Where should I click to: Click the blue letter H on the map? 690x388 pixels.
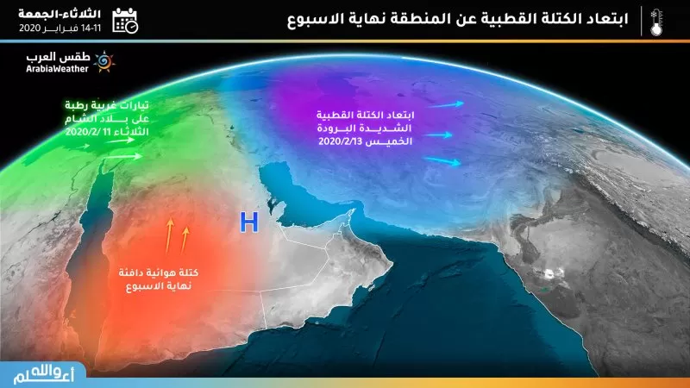(249, 222)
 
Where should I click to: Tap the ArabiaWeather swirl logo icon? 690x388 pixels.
(103, 62)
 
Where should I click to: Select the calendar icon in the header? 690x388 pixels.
(126, 20)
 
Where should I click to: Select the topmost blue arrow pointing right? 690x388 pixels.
(447, 104)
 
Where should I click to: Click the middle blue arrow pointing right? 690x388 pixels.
(440, 135)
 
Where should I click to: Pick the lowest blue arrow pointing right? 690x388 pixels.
(445, 161)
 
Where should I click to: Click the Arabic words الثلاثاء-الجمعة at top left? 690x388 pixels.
(59, 13)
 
